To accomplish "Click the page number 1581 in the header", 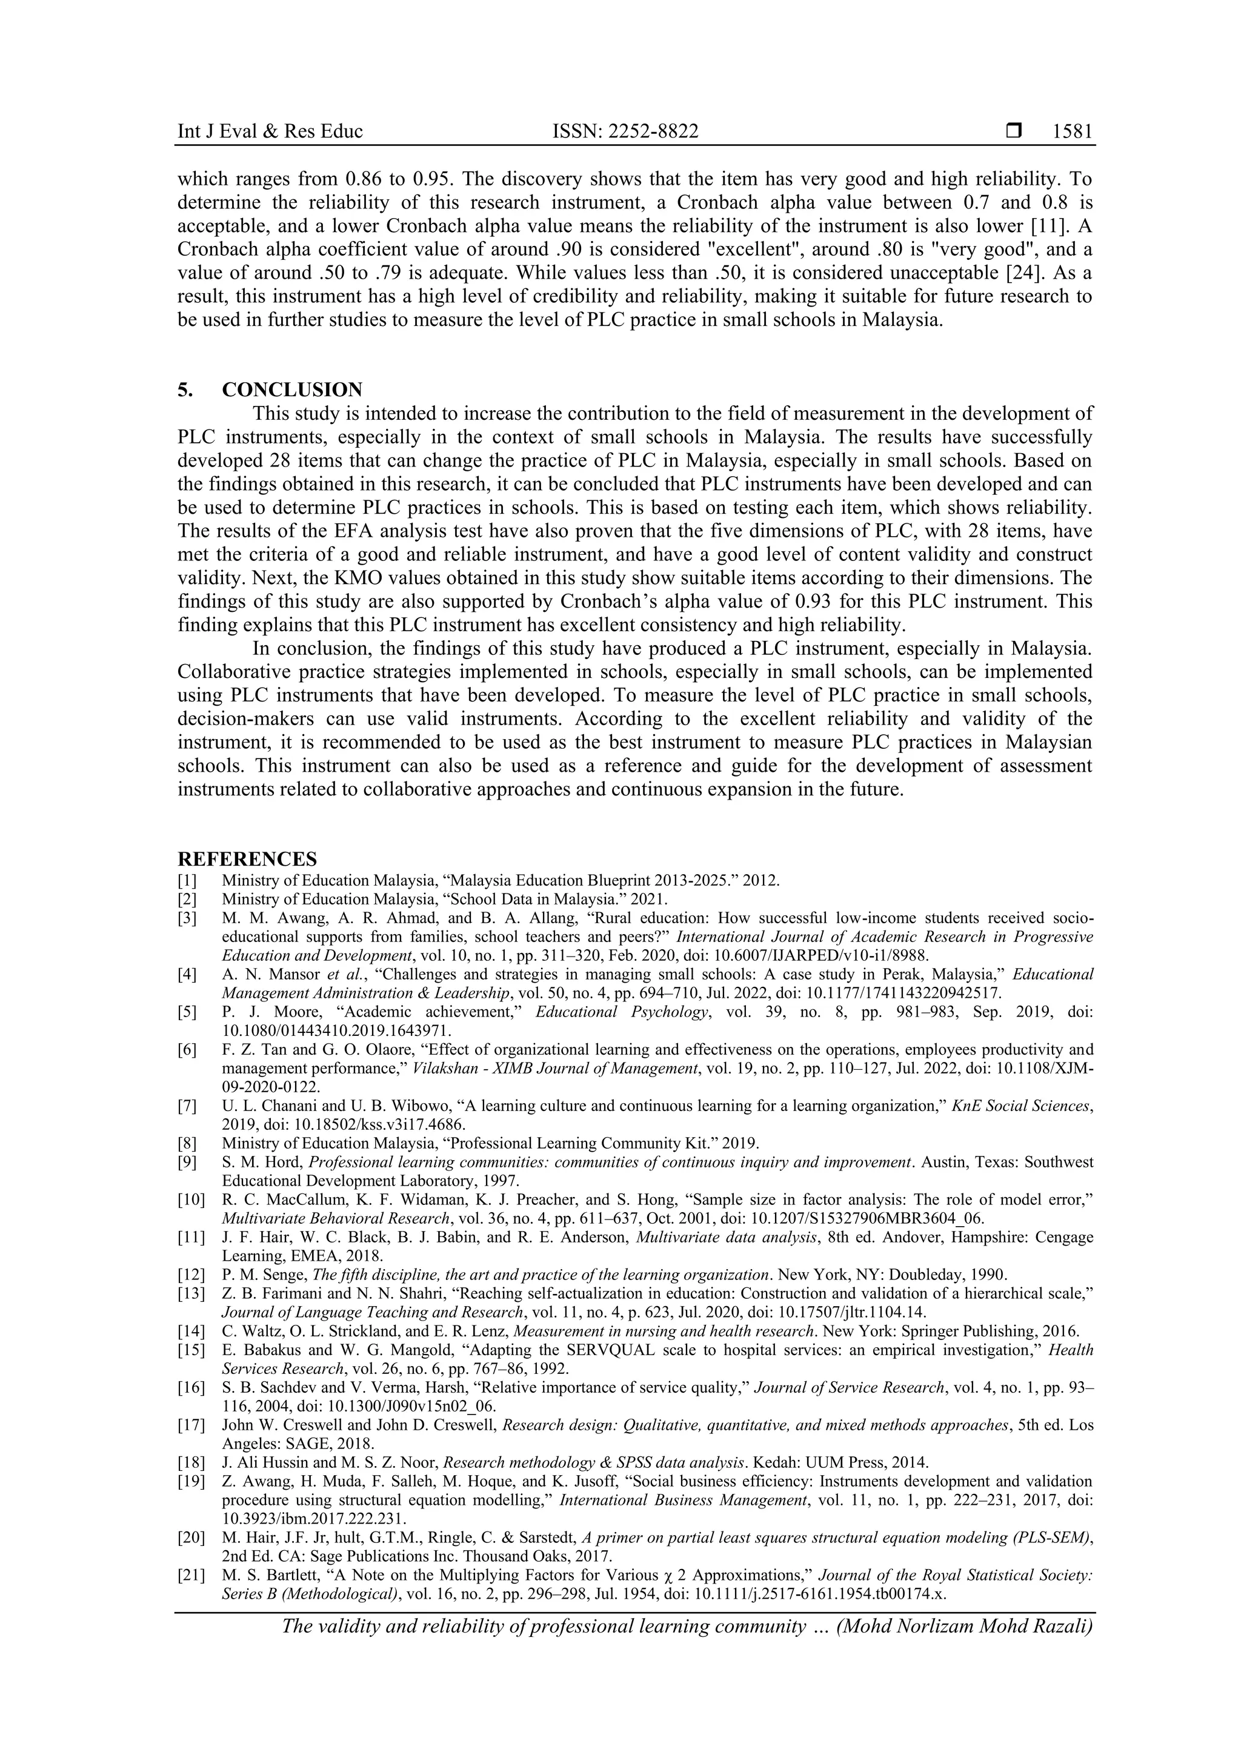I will coord(1072,131).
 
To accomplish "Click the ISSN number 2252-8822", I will coord(656,131).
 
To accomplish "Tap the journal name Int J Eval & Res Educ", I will coord(270,131).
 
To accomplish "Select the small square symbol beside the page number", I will coord(1014,131).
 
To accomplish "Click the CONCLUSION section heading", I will coord(292,390).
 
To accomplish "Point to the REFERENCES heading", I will coord(247,859).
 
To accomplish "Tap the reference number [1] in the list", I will coord(187,881).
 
